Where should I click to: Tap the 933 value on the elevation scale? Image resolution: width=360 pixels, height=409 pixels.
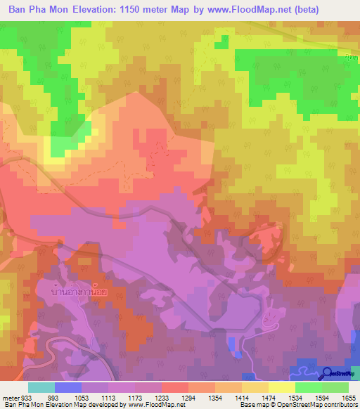(x=25, y=397)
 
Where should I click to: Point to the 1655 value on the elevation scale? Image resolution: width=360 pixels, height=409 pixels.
(x=348, y=397)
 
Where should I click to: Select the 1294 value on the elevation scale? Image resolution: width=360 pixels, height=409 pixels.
(x=187, y=397)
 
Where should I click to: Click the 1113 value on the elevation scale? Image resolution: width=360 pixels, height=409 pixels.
(x=107, y=397)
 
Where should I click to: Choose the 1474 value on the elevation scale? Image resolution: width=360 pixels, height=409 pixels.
(x=267, y=397)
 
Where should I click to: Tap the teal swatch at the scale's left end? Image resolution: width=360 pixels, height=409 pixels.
(x=41, y=387)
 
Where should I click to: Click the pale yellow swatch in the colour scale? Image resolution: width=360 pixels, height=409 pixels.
(x=281, y=387)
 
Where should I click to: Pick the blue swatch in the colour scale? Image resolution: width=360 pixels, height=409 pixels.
(x=67, y=387)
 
